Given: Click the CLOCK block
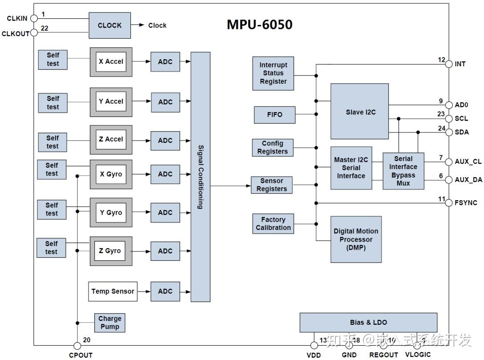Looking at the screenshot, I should click(109, 25).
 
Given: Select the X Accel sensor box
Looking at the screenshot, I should click(111, 62).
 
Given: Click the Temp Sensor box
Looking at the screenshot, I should click(113, 291).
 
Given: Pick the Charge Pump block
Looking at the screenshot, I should click(109, 323).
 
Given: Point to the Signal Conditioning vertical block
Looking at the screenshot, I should click(200, 177).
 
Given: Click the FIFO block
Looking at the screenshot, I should click(274, 115).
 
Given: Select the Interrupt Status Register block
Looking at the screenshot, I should click(273, 73).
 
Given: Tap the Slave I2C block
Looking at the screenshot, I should click(359, 112).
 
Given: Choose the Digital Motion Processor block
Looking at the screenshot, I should click(356, 239).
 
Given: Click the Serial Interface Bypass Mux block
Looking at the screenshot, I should click(403, 171).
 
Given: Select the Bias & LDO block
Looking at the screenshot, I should click(368, 323).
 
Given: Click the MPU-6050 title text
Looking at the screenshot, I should click(259, 24).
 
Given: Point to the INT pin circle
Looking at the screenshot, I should click(448, 64).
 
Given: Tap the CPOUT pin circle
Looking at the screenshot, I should click(77, 346).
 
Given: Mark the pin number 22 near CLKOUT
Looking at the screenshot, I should click(44, 28).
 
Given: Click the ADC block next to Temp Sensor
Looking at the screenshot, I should click(165, 291).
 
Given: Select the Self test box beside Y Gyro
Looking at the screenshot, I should click(52, 209).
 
